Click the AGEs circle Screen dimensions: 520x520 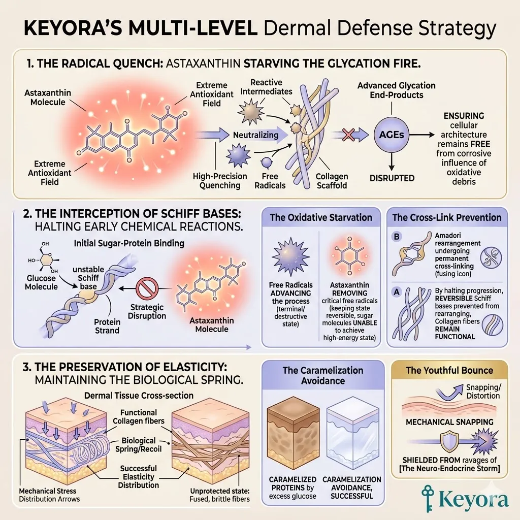[392, 135]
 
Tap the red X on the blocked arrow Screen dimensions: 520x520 [348, 135]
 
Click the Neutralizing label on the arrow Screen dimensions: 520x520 [255, 135]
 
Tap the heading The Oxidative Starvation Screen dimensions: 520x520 [320, 218]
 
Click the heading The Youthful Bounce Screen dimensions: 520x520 [449, 370]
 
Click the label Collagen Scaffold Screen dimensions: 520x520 [332, 181]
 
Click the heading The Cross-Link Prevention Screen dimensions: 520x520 [447, 218]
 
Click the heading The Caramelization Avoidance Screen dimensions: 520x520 [323, 375]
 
